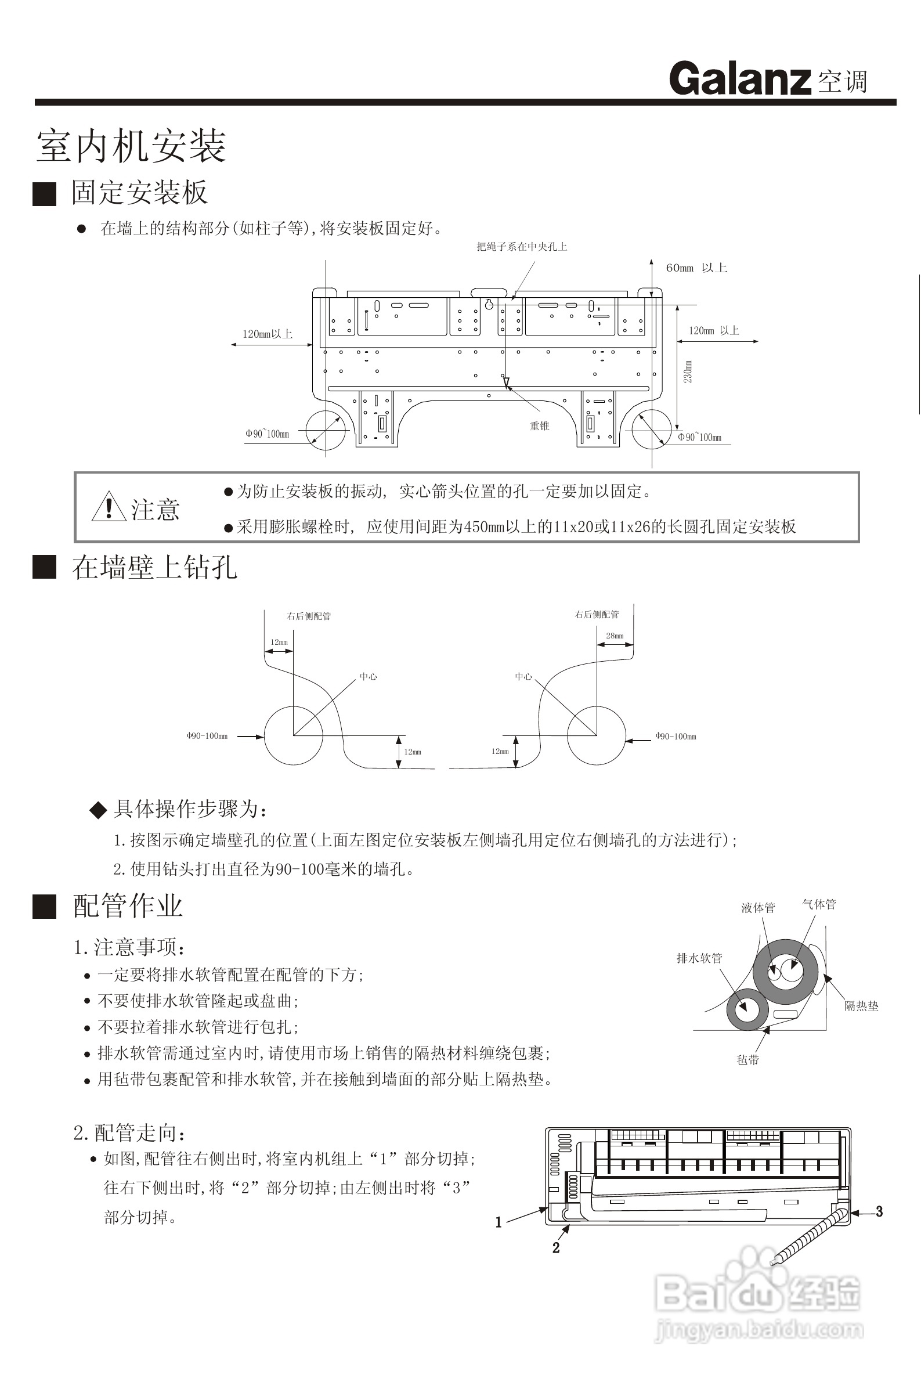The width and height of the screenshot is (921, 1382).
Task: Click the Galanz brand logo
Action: click(x=740, y=79)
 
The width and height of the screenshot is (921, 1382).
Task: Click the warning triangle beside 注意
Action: click(x=109, y=507)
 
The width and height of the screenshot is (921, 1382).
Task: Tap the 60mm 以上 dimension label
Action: click(x=696, y=268)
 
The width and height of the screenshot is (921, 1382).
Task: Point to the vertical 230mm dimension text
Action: click(x=688, y=372)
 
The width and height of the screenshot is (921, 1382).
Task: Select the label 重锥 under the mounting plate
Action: click(x=539, y=426)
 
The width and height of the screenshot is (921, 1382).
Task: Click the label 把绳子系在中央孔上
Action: click(x=522, y=247)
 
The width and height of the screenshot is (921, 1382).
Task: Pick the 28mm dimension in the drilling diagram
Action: click(x=615, y=636)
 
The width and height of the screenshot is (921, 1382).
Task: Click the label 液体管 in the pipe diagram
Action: click(x=758, y=907)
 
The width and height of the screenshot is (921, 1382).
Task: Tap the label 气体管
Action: click(x=819, y=904)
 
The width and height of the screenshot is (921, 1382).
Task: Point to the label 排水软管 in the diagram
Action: click(x=699, y=958)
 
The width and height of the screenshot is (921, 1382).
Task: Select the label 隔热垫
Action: click(x=861, y=1005)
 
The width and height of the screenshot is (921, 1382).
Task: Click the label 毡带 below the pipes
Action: click(x=747, y=1059)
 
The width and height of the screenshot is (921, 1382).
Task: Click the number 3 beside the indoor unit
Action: click(x=879, y=1211)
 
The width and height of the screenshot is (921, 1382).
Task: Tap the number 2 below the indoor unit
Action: click(x=555, y=1247)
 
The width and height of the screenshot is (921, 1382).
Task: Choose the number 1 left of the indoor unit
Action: click(x=499, y=1222)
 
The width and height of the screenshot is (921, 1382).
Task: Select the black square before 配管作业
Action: click(x=44, y=906)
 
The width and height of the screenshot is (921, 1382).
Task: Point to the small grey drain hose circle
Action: click(x=747, y=1009)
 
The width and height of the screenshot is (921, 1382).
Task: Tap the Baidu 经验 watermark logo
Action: click(x=758, y=1292)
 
